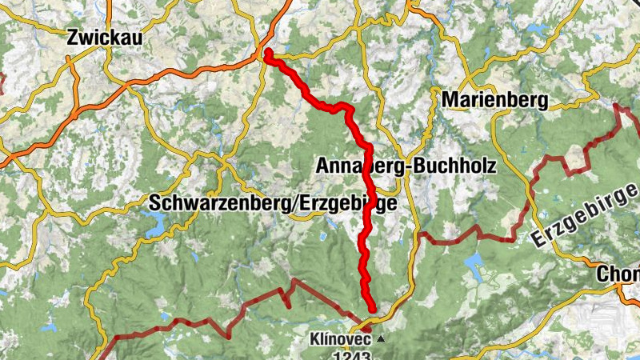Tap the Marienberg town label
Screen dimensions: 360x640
pos(494,100)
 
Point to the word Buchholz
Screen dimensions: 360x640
pos(458,166)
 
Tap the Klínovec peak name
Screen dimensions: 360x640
pos(343,338)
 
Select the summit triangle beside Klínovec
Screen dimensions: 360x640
pos(381,339)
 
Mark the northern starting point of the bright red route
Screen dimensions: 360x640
pos(268,53)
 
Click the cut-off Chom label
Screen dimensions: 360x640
pos(618,274)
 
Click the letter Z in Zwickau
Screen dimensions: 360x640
pos(74,36)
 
